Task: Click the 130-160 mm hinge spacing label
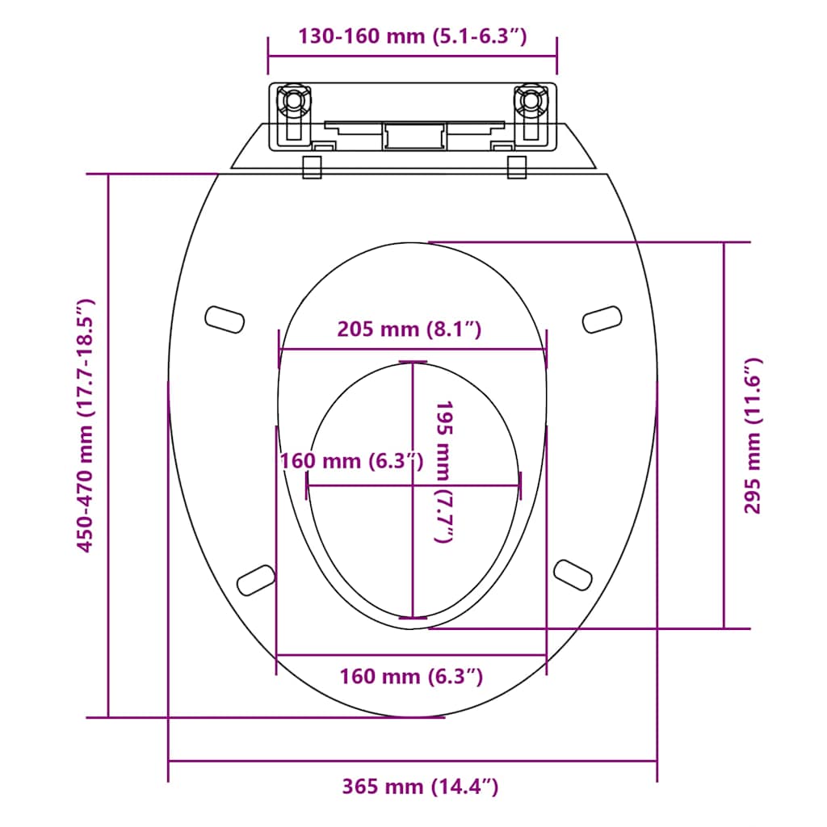(412, 36)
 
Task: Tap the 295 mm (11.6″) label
(752, 435)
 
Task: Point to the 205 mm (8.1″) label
(409, 329)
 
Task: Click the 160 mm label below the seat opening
(411, 676)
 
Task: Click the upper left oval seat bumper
(225, 318)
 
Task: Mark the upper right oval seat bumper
(602, 318)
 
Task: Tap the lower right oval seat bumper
(573, 573)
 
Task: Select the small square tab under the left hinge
(312, 166)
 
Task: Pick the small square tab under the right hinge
(517, 166)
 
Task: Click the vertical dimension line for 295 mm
(724, 435)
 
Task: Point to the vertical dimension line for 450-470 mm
(108, 445)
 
